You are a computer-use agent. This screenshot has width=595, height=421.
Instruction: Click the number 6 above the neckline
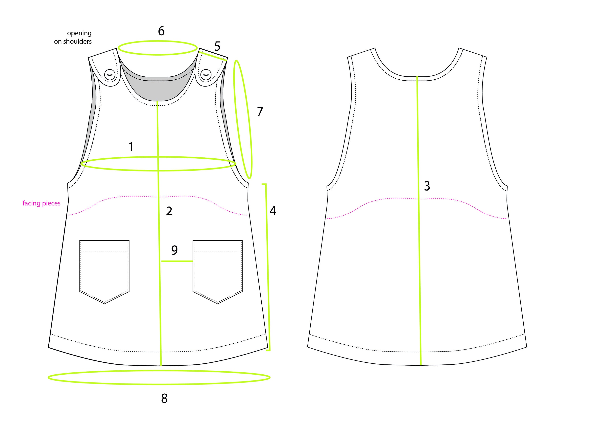[161, 31]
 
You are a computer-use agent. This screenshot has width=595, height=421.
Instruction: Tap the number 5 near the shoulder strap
[217, 46]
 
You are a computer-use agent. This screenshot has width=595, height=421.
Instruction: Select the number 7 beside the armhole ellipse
[260, 112]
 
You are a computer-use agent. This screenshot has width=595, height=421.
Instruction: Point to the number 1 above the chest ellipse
[131, 147]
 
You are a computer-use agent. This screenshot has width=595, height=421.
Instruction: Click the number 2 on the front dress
[169, 211]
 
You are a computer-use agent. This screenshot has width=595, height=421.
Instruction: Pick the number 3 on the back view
[427, 186]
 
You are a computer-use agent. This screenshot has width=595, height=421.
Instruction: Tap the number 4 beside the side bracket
[273, 211]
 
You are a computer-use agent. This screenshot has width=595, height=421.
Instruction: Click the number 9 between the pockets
[174, 250]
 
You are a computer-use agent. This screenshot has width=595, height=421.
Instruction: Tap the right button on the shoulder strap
[206, 75]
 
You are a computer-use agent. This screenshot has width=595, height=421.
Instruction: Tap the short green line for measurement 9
[177, 261]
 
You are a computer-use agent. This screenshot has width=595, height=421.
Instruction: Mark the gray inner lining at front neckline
[158, 90]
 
